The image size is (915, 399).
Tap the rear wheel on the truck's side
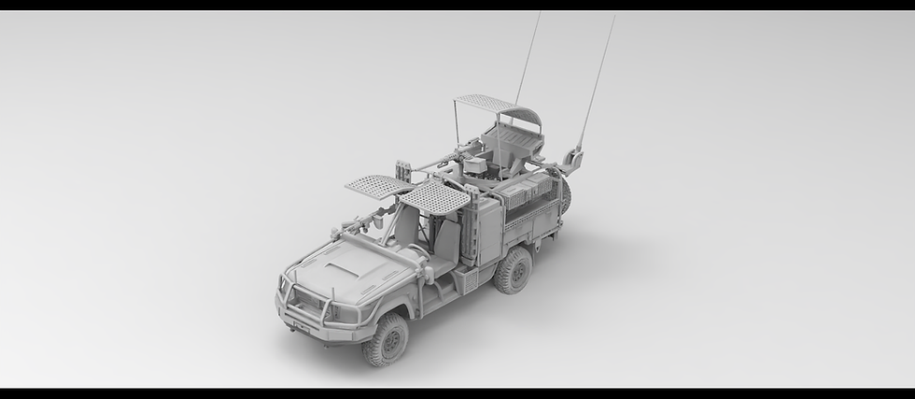point(513,271)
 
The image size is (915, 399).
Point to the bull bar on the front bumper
point(309,297)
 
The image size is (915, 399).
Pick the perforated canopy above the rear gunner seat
point(484,103)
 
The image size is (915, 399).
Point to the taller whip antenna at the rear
point(598,75)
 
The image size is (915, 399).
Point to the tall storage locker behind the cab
point(486,228)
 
